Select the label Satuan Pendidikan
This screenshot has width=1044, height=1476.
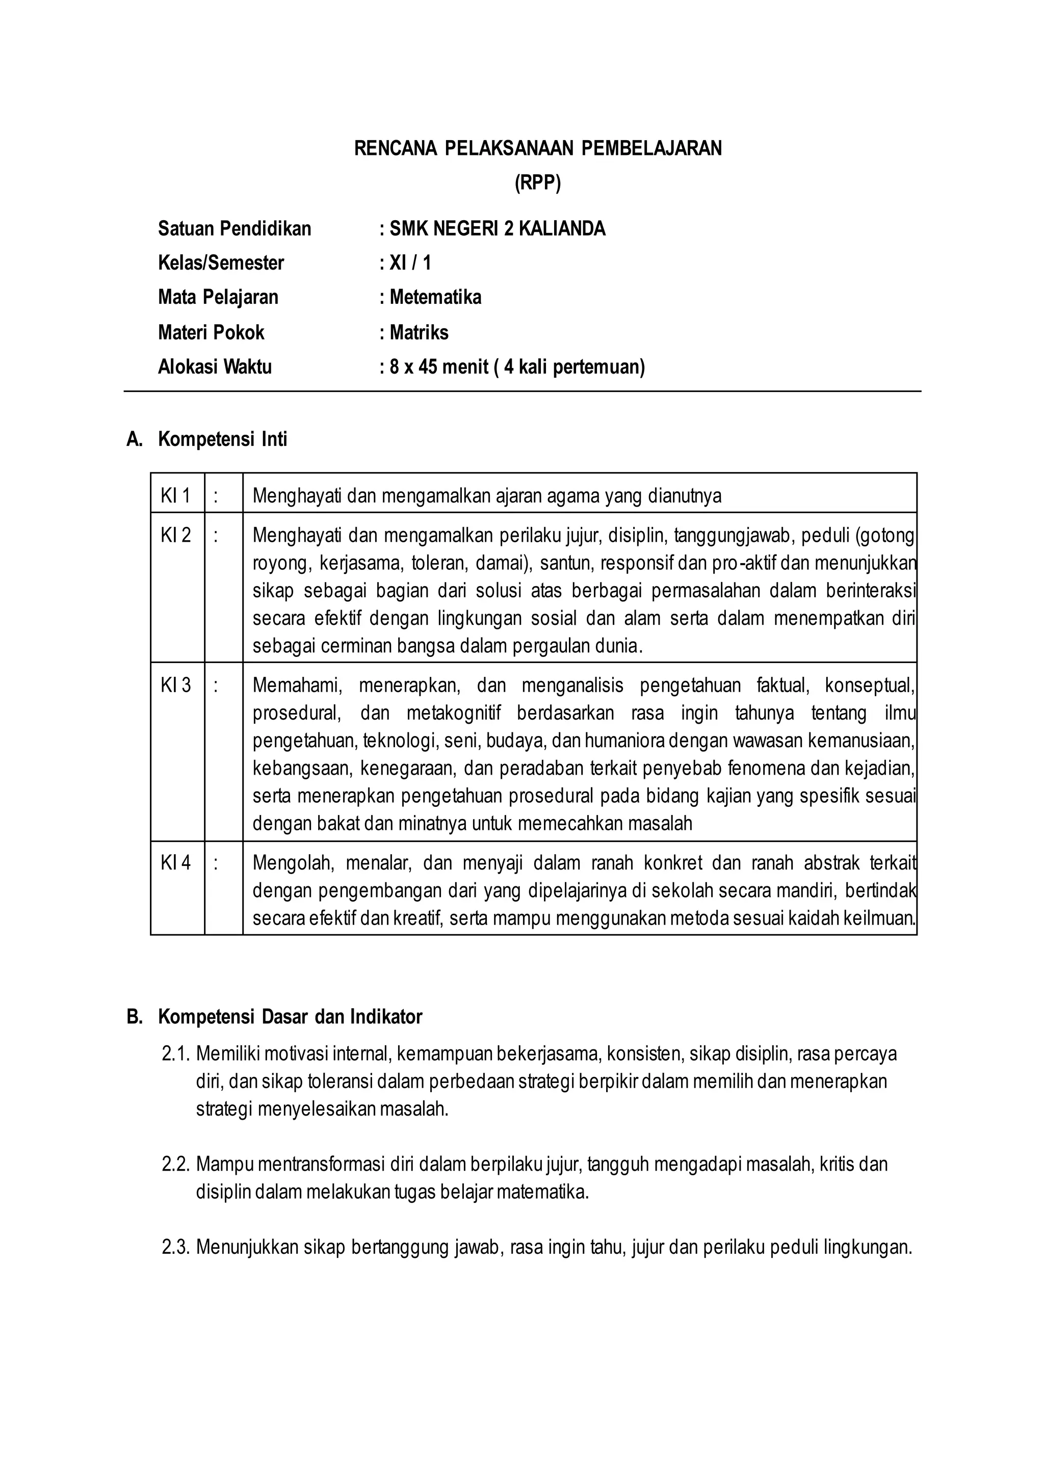point(234,229)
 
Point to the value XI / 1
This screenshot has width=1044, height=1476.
point(410,263)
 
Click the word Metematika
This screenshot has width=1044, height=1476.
point(435,298)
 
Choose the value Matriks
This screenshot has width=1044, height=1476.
point(419,332)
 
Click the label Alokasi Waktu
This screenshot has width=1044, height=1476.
point(215,367)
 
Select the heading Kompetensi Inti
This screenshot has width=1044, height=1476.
point(222,440)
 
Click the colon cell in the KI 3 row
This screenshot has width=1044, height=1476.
point(216,686)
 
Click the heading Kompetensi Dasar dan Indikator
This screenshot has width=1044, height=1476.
point(290,1017)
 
